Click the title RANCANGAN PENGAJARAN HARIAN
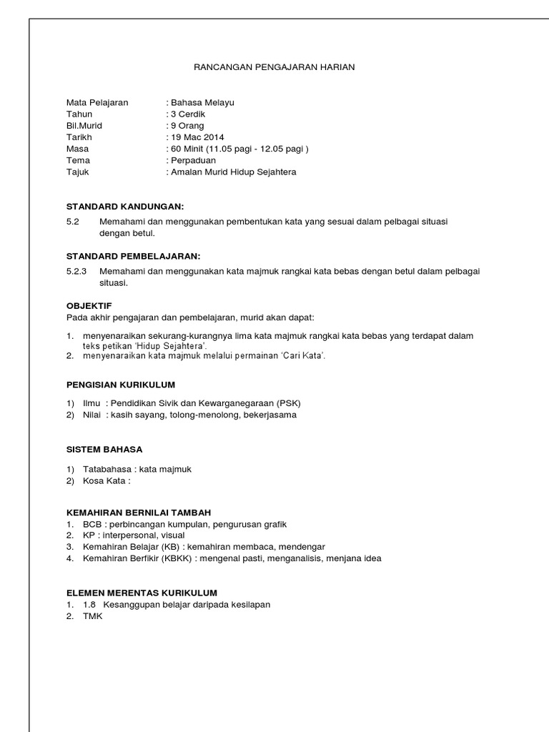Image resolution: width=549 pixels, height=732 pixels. click(274, 67)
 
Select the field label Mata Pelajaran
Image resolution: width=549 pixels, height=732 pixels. click(97, 102)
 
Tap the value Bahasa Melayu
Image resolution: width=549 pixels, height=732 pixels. click(202, 102)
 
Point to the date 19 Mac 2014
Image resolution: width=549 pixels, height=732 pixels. click(197, 137)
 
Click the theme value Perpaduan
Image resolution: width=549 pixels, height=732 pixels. click(193, 161)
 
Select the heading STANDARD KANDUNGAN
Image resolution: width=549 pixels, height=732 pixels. click(125, 207)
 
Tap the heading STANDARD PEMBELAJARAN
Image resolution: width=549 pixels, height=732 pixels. click(133, 256)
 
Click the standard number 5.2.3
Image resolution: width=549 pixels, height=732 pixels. click(76, 272)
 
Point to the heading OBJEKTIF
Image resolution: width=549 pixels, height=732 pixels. click(89, 305)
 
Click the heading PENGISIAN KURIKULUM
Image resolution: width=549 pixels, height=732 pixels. click(120, 385)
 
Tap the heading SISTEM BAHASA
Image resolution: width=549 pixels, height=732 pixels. click(104, 450)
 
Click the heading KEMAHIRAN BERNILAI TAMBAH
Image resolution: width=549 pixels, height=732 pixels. click(139, 513)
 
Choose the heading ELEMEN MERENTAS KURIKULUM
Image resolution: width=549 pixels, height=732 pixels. click(142, 593)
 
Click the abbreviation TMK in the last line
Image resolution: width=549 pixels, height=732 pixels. click(93, 617)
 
